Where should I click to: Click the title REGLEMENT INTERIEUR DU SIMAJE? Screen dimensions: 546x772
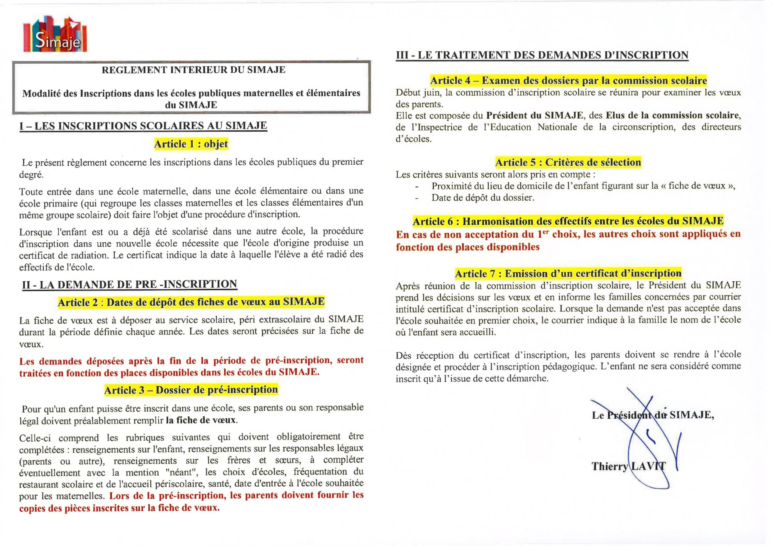pyautogui.click(x=193, y=70)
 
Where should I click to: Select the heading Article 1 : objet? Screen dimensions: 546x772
pyautogui.click(x=191, y=144)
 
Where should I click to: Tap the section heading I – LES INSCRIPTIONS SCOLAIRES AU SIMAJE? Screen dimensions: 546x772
pyautogui.click(x=143, y=126)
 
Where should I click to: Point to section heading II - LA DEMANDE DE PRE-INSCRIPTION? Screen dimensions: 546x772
pyautogui.click(x=129, y=284)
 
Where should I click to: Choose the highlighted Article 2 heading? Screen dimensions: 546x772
pyautogui.click(x=191, y=302)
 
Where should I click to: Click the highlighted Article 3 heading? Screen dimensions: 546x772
pyautogui.click(x=191, y=390)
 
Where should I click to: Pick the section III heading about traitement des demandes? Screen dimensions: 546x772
pyautogui.click(x=542, y=55)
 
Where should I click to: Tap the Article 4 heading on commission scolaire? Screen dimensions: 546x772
pyautogui.click(x=568, y=80)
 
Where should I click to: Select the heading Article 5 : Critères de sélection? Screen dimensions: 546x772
pyautogui.click(x=568, y=162)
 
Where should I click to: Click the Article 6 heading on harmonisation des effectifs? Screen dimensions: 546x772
pyautogui.click(x=568, y=221)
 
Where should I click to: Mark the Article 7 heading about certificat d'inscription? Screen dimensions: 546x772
pyautogui.click(x=568, y=274)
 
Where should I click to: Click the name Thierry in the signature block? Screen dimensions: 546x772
pyautogui.click(x=609, y=467)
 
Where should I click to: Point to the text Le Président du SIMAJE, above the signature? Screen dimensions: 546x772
pyautogui.click(x=653, y=415)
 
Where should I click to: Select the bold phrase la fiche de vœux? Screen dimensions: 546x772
pyautogui.click(x=201, y=420)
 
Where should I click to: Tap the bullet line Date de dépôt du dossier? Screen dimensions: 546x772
pyautogui.click(x=482, y=198)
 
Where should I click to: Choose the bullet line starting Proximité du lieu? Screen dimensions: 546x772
pyautogui.click(x=583, y=186)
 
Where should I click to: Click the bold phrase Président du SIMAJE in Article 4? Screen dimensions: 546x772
pyautogui.click(x=535, y=115)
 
